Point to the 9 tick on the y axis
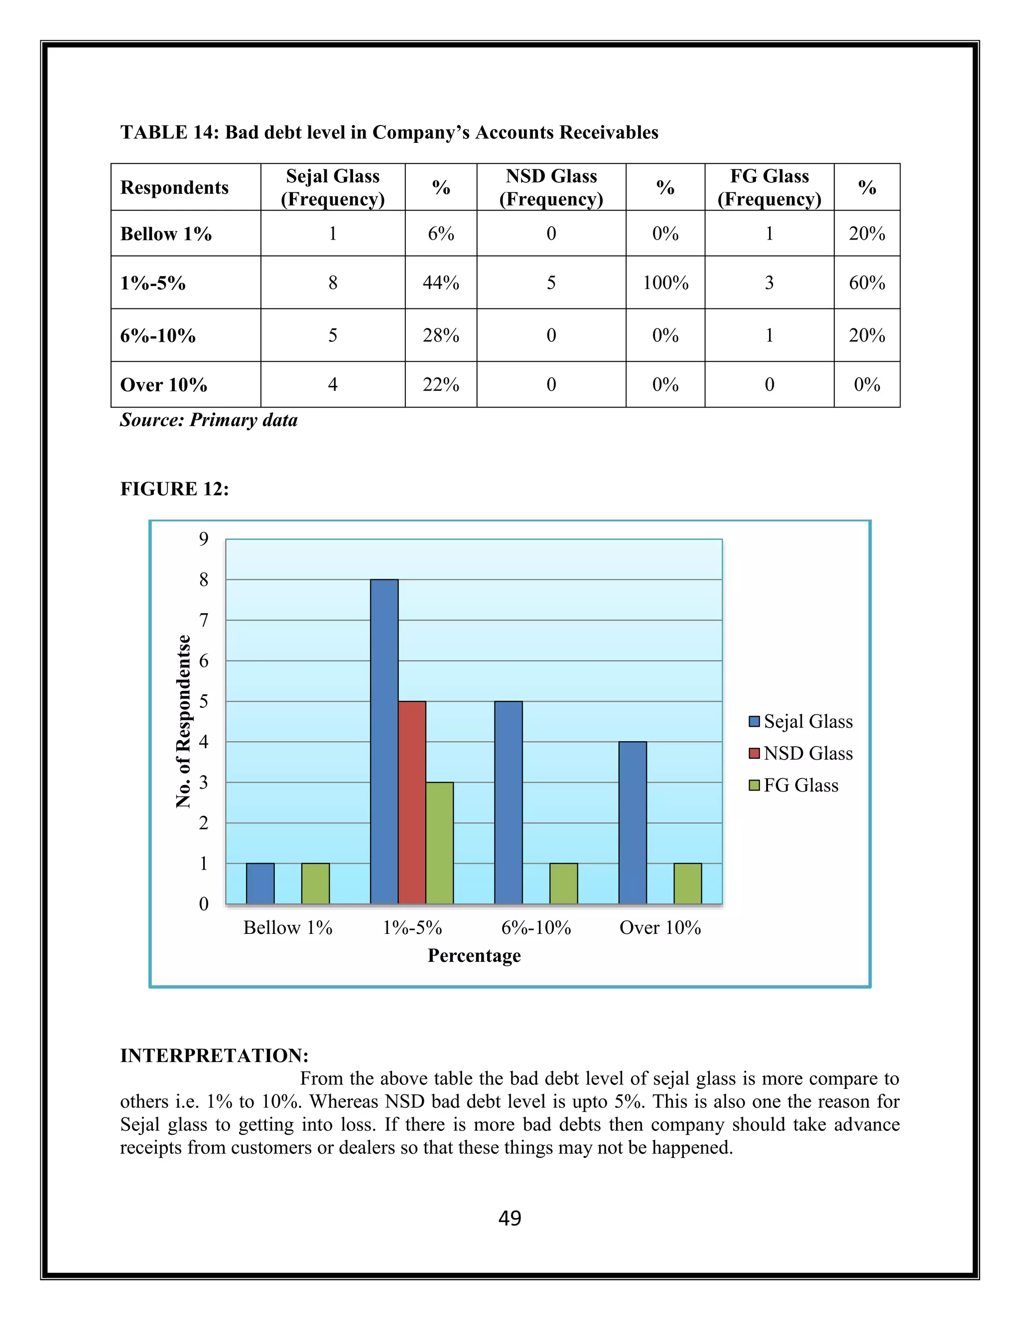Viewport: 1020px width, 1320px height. coord(204,538)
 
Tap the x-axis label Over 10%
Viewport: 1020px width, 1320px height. coord(660,928)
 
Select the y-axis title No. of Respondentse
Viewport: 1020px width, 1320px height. coord(183,721)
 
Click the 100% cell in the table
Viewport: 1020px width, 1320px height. coord(665,283)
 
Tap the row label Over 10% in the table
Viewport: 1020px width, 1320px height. coord(164,385)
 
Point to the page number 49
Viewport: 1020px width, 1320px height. coord(510,1218)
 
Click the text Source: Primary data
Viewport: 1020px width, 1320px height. coord(209,420)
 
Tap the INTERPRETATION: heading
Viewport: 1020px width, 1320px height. coord(215,1056)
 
